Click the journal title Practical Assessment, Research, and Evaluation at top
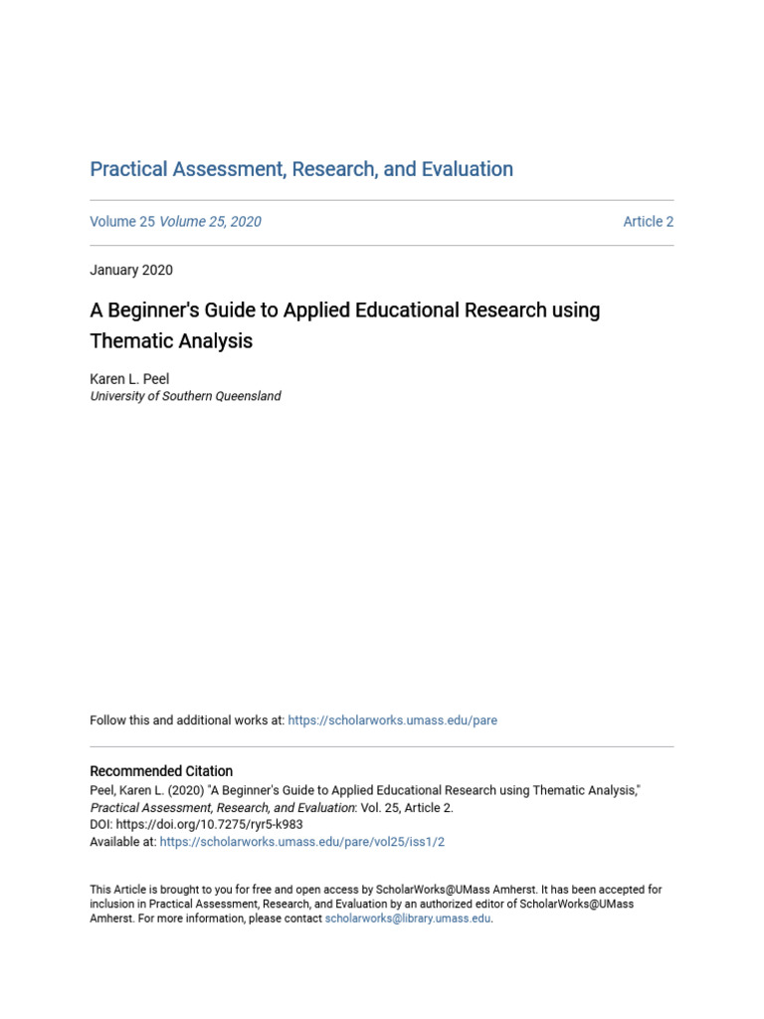click(x=301, y=169)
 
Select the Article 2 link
click(x=648, y=222)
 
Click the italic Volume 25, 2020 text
click(x=210, y=222)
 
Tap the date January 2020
click(x=131, y=270)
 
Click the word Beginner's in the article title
click(x=151, y=309)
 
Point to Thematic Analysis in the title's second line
click(x=171, y=341)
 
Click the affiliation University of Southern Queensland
click(x=185, y=396)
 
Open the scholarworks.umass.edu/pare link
click(x=392, y=720)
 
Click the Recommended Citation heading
click(x=161, y=771)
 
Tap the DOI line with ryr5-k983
click(x=196, y=825)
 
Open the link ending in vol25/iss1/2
click(x=301, y=842)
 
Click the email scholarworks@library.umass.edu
click(x=408, y=919)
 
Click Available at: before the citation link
click(x=122, y=842)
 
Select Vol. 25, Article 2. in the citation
click(x=407, y=808)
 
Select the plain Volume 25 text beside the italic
click(x=122, y=222)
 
